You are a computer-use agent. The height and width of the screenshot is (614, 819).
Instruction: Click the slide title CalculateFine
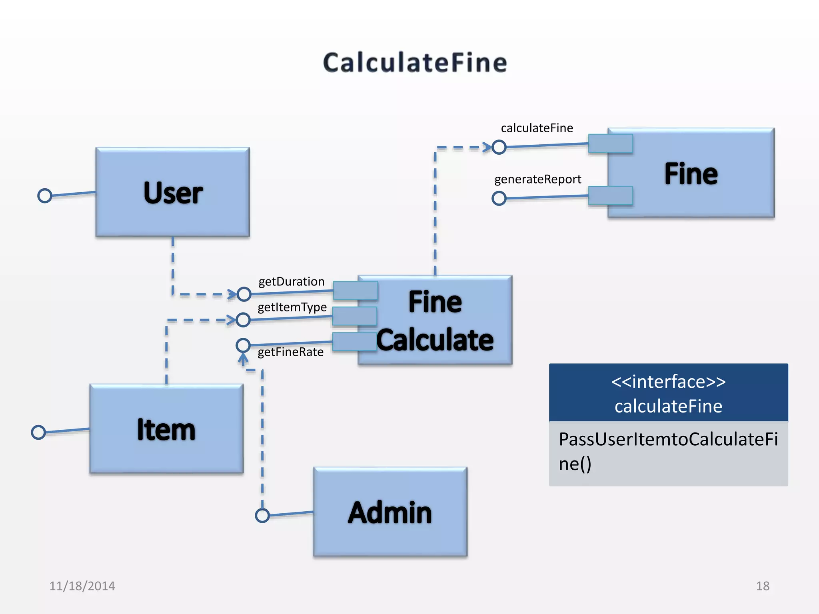point(415,63)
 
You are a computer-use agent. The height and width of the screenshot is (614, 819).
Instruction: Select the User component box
point(172,192)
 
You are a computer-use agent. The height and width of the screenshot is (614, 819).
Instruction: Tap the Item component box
point(166,429)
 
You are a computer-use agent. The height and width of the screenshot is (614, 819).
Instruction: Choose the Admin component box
point(390,512)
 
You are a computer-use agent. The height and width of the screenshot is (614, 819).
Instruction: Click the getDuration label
point(291,281)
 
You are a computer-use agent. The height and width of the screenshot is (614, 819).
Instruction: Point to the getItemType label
point(292,307)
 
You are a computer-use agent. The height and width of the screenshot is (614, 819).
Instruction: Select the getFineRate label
point(290,352)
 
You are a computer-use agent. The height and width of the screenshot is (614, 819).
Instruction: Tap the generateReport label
point(537,179)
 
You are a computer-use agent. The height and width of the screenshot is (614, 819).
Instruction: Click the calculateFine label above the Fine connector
point(537,128)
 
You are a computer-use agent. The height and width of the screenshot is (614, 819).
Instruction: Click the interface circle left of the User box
point(45,195)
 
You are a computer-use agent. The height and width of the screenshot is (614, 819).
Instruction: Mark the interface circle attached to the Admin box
point(262,515)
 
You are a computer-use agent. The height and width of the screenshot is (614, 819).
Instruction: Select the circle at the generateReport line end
point(499,198)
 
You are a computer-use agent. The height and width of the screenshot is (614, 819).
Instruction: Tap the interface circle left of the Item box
point(38,432)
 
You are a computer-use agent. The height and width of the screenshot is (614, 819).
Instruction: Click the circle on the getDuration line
point(244,294)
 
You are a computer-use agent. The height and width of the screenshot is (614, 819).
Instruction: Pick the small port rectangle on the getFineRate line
point(354,342)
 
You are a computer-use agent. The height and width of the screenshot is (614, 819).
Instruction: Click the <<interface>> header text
point(668,381)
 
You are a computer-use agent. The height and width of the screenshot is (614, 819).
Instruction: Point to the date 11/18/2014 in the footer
point(82,586)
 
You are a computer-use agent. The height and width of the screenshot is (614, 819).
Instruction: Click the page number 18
point(763,586)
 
